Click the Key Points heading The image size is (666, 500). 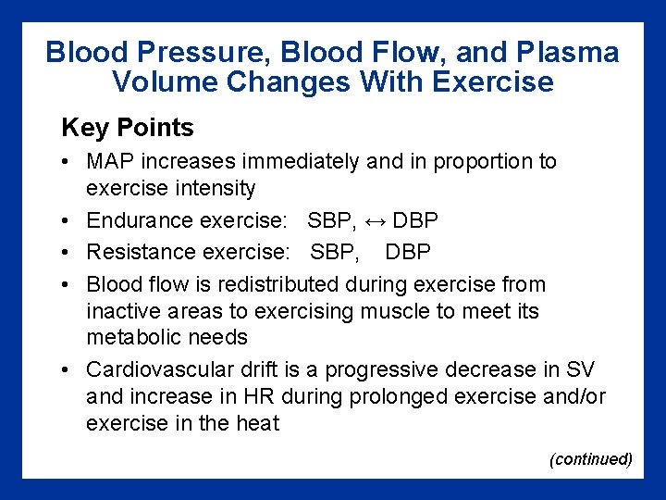point(128,128)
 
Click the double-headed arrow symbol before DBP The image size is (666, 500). point(374,221)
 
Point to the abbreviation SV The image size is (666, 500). point(579,370)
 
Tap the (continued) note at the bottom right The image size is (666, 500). point(590,459)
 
